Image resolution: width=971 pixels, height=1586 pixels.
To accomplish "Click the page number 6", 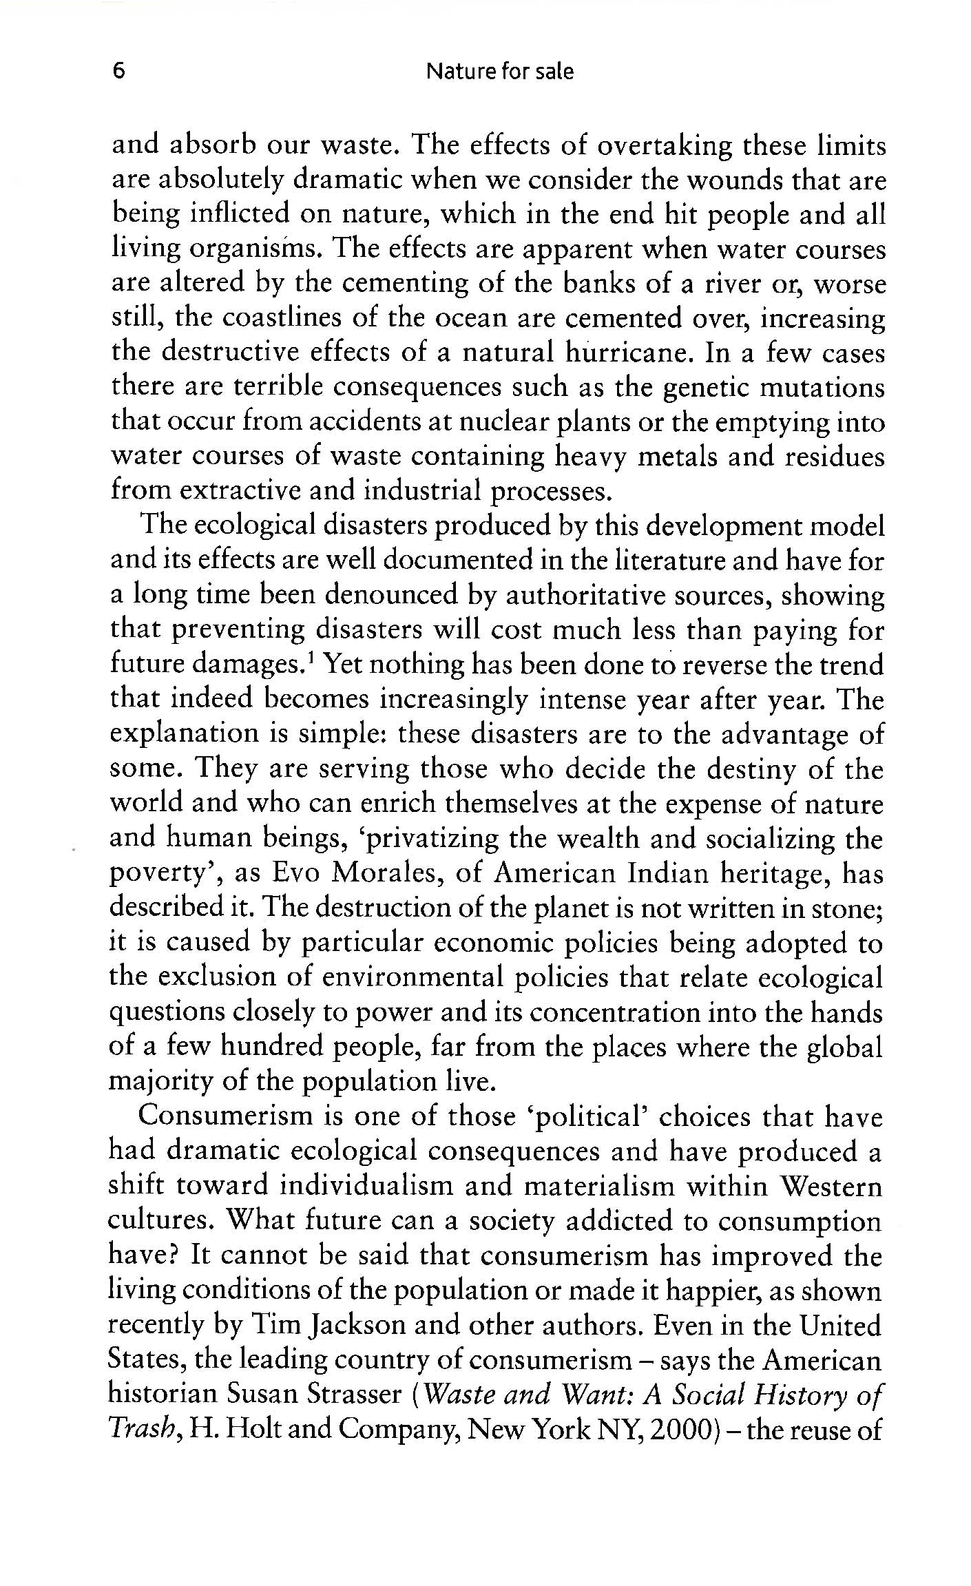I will point(118,72).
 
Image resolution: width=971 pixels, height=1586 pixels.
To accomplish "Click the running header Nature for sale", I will point(500,72).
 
